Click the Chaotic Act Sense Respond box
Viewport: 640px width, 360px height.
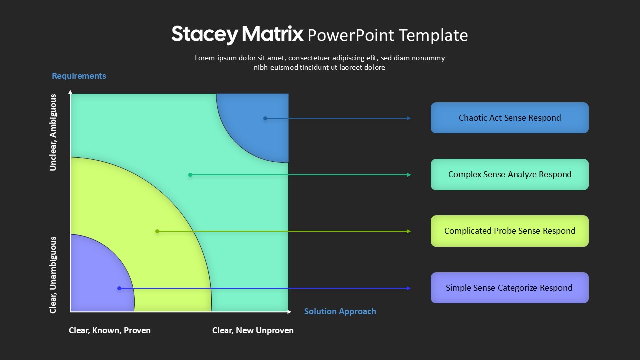click(x=509, y=118)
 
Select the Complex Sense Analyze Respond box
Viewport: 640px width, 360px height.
click(x=509, y=174)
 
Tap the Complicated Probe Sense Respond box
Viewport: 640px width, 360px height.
click(x=509, y=231)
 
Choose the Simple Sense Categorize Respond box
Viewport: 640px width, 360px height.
click(x=509, y=288)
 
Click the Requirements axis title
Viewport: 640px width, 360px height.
click(x=79, y=76)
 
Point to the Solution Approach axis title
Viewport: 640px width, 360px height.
click(x=340, y=311)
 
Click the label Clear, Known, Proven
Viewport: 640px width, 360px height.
click(x=110, y=330)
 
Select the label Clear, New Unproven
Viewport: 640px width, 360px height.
click(x=253, y=330)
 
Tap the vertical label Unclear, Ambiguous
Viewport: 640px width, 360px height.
click(x=53, y=133)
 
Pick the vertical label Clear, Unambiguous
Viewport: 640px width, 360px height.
click(x=53, y=275)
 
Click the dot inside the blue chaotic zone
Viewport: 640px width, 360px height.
click(x=265, y=118)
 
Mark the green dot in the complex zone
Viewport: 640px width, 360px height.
click(x=190, y=175)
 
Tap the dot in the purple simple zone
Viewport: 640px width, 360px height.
click(x=119, y=288)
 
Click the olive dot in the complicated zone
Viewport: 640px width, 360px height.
click(x=157, y=231)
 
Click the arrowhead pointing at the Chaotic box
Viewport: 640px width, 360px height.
click(x=409, y=118)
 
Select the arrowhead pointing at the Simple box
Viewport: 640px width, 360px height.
click(x=409, y=288)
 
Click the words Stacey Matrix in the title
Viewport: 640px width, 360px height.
click(x=237, y=34)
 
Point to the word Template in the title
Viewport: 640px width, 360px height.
click(x=433, y=35)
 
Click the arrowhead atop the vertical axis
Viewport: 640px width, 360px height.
click(x=70, y=92)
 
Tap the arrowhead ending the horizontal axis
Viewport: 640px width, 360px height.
click(x=289, y=312)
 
